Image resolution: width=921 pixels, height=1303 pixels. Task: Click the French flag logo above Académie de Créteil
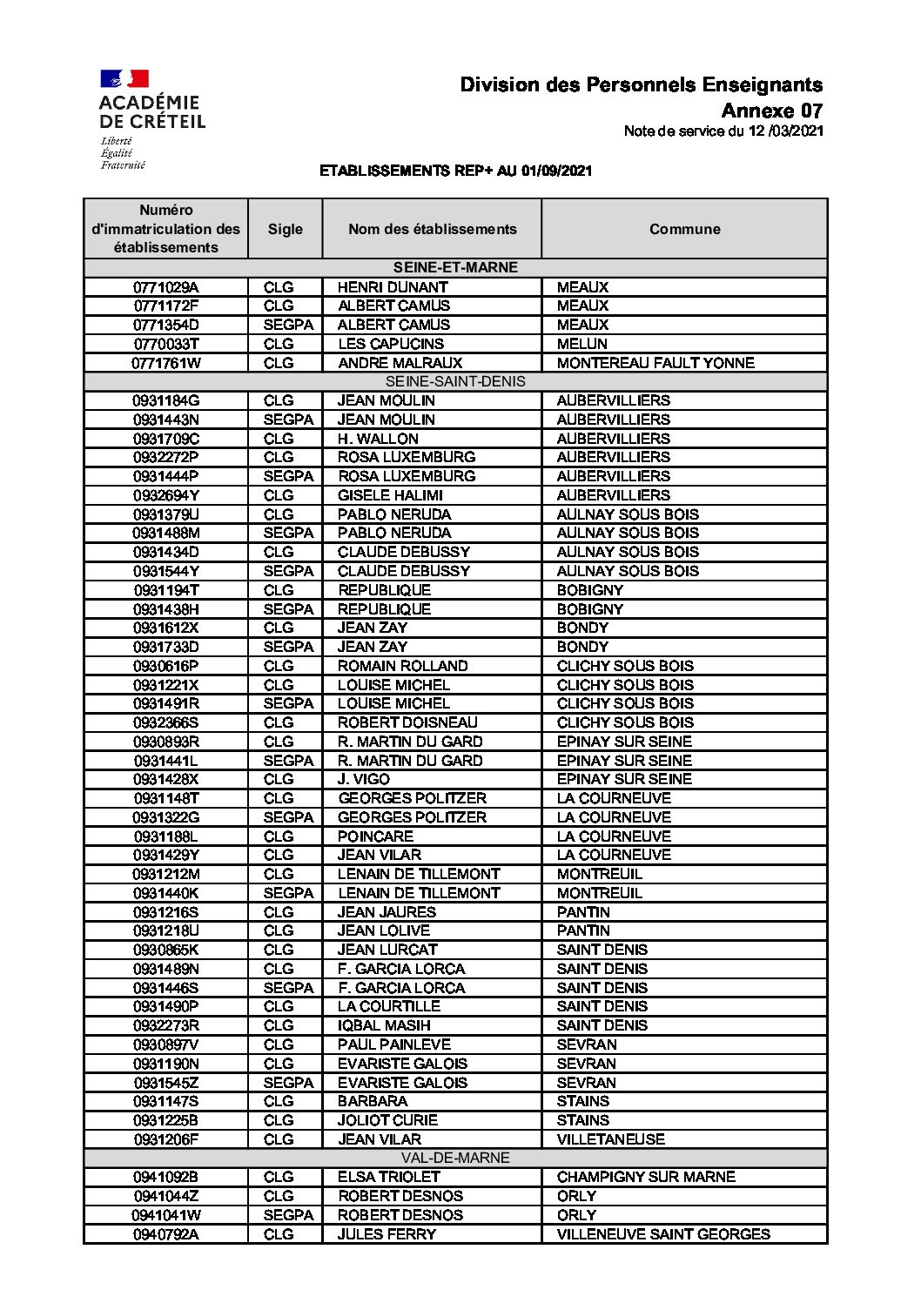pos(124,79)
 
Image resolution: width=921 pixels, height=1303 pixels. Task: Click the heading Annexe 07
pos(771,111)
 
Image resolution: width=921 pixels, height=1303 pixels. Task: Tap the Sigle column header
pos(285,229)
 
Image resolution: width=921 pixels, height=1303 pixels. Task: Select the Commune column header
pos(684,229)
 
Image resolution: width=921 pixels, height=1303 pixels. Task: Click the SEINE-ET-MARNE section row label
pos(455,267)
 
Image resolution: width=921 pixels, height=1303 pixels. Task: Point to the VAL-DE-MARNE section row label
pos(455,1158)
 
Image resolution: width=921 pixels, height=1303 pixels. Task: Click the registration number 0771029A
pos(165,287)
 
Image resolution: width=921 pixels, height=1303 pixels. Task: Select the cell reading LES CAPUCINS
pos(391,344)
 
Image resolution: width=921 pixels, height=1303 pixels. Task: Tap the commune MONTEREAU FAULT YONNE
pos(655,363)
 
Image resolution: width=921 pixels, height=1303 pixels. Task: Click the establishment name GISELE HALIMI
pos(390,495)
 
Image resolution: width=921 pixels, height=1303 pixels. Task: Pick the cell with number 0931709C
pos(165,439)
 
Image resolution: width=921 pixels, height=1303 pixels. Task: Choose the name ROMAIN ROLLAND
pos(402,666)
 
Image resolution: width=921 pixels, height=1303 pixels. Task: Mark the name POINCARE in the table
pos(375,836)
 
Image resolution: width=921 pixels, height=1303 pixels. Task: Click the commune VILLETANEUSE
pos(610,1139)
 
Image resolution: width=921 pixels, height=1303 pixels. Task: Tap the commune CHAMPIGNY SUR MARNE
pos(646,1177)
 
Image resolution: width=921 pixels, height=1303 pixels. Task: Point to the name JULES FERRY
pos(387,1234)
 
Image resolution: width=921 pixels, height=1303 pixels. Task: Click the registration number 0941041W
pos(165,1215)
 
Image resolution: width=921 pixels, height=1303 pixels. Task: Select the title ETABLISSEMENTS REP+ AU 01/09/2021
pos(455,171)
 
